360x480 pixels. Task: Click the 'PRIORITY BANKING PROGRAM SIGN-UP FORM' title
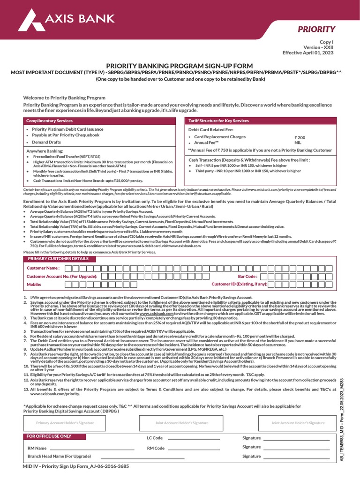pos(180,66)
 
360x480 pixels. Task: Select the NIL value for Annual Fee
pos(298,142)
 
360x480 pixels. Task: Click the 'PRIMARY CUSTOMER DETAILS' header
pos(58,259)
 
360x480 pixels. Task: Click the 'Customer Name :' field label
pos(43,268)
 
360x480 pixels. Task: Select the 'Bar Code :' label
pos(247,277)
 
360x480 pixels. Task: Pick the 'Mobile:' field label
pos(34,285)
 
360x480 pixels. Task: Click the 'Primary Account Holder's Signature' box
pos(66,423)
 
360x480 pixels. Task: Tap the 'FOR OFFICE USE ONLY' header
pos(49,436)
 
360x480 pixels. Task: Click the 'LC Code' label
pos(155,438)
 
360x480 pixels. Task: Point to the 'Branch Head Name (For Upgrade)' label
pos(59,456)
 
